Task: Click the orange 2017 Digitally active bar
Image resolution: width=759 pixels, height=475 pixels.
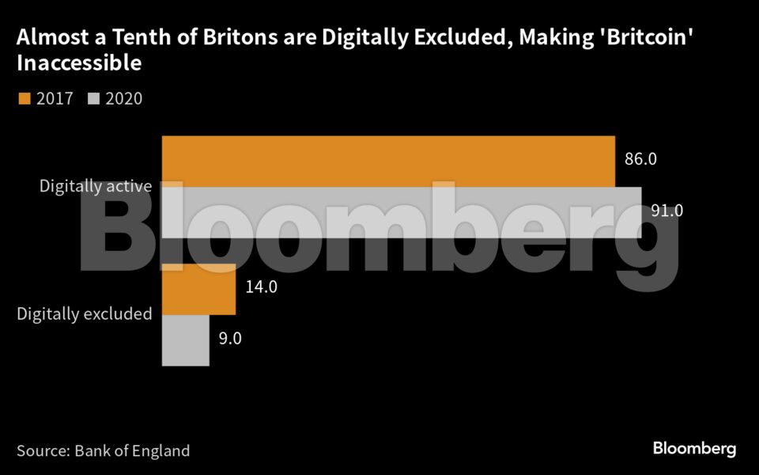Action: pyautogui.click(x=387, y=161)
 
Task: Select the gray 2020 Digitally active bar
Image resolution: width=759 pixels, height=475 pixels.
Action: pyautogui.click(x=402, y=212)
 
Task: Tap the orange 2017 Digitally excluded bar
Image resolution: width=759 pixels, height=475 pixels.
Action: pyautogui.click(x=198, y=288)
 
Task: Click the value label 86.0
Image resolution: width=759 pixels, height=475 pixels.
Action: pyautogui.click(x=640, y=159)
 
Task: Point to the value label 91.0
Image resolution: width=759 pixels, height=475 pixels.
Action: pyautogui.click(x=666, y=211)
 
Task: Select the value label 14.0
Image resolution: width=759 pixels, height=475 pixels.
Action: pyautogui.click(x=261, y=287)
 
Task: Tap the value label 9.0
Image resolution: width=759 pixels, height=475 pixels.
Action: pyautogui.click(x=230, y=339)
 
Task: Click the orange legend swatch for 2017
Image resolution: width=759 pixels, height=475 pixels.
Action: pyautogui.click(x=24, y=98)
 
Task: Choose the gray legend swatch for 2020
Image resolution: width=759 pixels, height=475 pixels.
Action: pyautogui.click(x=95, y=98)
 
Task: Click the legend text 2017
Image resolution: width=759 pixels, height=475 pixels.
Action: pyautogui.click(x=55, y=99)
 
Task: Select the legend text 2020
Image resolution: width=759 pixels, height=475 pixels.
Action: pyautogui.click(x=124, y=99)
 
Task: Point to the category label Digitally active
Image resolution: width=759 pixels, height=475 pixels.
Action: pyautogui.click(x=95, y=187)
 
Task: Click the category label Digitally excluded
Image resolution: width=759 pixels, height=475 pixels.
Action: pyautogui.click(x=84, y=313)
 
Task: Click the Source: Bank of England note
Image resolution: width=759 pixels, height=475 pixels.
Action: pyautogui.click(x=103, y=451)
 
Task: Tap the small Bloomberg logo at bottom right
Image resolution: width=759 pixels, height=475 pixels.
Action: pyautogui.click(x=694, y=449)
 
